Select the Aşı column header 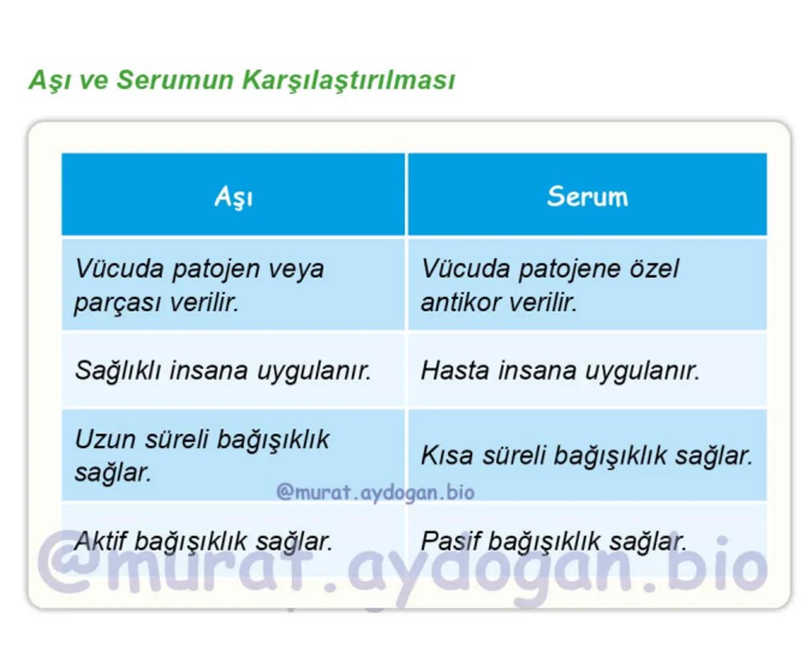coord(233,196)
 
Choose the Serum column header coord(587,196)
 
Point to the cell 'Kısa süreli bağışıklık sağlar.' coord(586,455)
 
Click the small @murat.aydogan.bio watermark coord(375,492)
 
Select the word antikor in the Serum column coord(461,302)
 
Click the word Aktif coord(99,541)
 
